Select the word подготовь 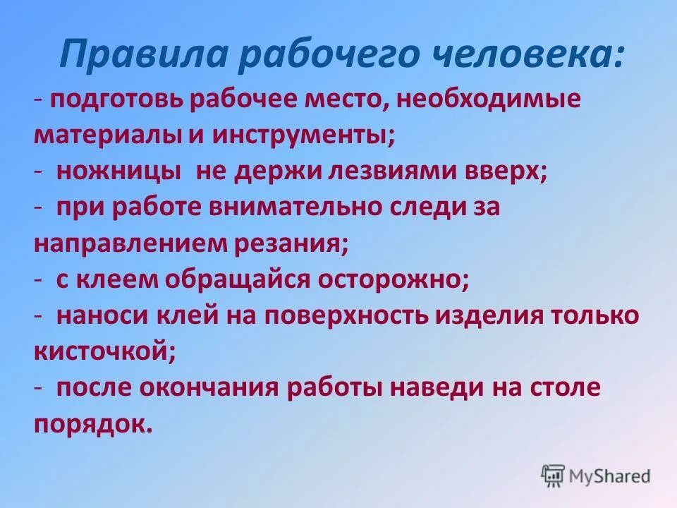click(x=116, y=99)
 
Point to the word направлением click(x=129, y=243)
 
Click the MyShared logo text click(x=609, y=476)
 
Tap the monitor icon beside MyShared click(x=554, y=476)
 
